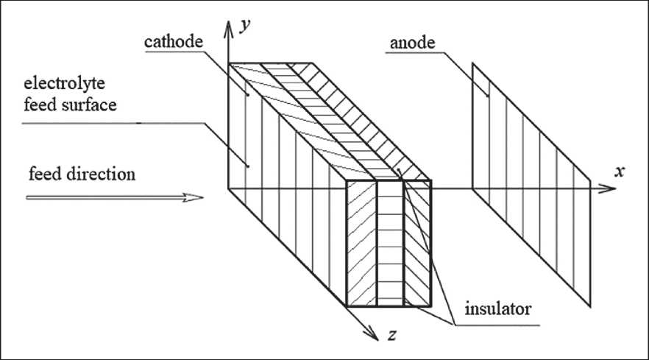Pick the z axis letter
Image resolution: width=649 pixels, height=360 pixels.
(x=394, y=336)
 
